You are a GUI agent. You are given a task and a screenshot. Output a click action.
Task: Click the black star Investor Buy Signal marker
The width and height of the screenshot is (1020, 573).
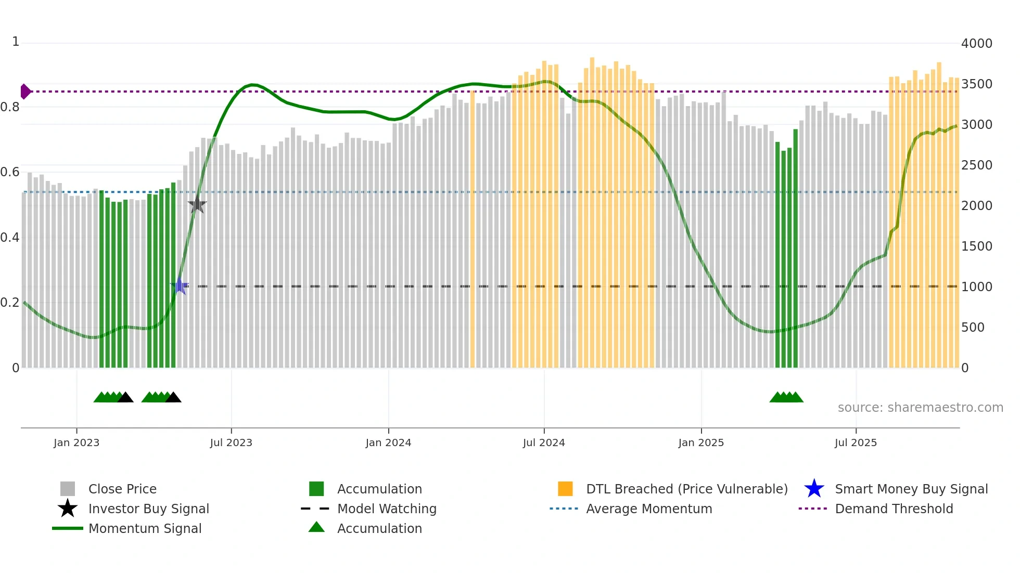(x=197, y=205)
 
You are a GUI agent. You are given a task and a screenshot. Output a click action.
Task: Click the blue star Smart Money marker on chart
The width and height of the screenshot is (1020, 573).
(x=180, y=286)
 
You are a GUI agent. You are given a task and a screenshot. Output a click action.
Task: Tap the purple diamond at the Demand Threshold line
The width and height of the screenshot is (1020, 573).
(x=25, y=92)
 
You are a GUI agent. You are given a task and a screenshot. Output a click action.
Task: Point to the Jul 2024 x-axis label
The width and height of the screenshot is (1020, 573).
(x=544, y=442)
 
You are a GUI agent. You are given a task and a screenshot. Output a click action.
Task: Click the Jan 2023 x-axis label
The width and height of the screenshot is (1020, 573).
(x=76, y=442)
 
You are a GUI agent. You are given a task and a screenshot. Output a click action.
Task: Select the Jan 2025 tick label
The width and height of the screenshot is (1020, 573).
(x=701, y=442)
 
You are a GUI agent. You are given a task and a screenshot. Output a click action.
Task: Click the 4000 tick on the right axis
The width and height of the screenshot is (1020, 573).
(x=976, y=44)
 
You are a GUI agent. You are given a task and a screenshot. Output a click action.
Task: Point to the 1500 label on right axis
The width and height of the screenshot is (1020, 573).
(x=976, y=246)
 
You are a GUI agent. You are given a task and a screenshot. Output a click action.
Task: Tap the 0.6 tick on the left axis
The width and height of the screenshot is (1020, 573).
(x=10, y=172)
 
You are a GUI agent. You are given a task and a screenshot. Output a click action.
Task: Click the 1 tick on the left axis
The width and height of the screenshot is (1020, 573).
(x=16, y=42)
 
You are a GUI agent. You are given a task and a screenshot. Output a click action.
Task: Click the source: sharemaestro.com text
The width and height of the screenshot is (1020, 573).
(x=920, y=408)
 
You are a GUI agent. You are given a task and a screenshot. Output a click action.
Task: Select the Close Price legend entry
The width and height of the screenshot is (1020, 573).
(x=122, y=489)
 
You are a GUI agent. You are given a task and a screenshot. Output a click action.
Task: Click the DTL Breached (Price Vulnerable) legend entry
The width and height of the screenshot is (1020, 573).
(x=686, y=489)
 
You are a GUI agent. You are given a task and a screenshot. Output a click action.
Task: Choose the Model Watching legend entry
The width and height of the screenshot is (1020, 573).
(x=387, y=509)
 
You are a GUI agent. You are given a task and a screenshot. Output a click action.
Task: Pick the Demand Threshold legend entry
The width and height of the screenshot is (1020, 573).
(x=894, y=509)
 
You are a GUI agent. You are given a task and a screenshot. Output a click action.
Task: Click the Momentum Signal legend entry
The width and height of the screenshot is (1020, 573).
(x=145, y=528)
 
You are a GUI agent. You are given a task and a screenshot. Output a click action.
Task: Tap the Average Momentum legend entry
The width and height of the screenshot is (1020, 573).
(x=648, y=509)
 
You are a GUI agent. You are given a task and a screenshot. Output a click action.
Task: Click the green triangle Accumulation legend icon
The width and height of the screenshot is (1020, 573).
(x=316, y=527)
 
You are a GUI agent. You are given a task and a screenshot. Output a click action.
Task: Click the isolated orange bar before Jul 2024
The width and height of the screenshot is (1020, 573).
(x=473, y=229)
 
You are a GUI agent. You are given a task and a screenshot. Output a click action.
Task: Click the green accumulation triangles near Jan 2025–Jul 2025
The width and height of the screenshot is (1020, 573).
(x=786, y=397)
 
